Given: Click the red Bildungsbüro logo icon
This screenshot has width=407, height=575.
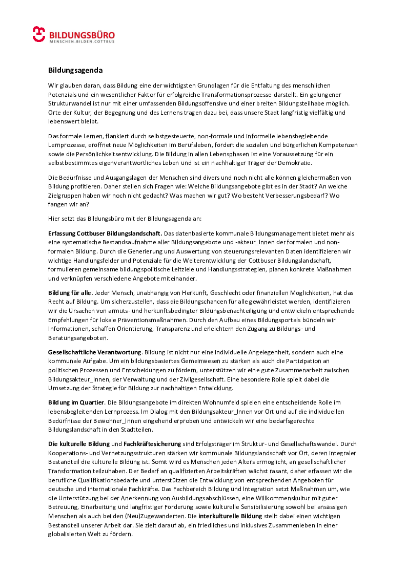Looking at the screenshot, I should tap(39, 34).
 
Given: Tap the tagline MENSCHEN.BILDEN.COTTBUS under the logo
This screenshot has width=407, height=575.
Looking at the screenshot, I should tap(82, 41).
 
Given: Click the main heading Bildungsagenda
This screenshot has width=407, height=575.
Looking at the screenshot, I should tap(75, 70).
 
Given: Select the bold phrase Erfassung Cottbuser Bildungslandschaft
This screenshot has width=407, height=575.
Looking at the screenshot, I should tap(105, 233).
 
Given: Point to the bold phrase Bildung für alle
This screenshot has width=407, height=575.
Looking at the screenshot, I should tap(71, 293).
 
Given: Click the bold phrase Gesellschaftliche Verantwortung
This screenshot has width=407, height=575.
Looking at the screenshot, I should tap(95, 352).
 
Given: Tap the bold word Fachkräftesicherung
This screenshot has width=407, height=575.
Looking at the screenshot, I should tap(152, 443).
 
